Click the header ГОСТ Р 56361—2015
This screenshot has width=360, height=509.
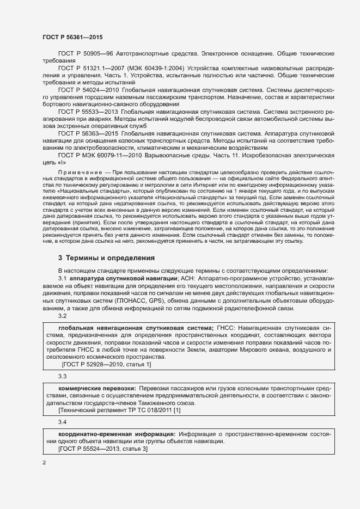tap(72, 37)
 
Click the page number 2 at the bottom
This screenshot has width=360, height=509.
tap(45, 463)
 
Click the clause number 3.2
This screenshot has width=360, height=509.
tap(62, 316)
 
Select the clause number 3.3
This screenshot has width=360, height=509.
tap(62, 376)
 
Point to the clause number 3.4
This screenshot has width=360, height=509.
tap(62, 422)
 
